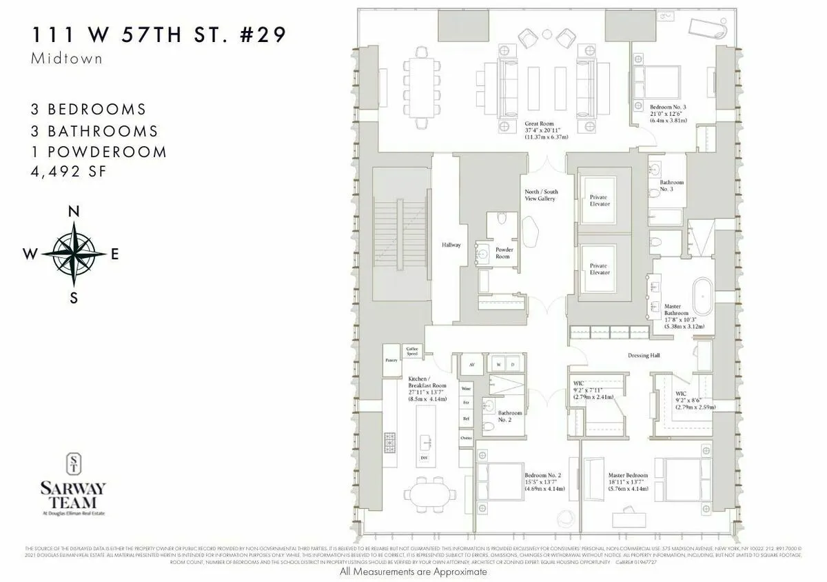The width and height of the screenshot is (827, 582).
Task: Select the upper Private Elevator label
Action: coord(599,201)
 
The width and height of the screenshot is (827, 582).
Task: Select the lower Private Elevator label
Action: coord(599,269)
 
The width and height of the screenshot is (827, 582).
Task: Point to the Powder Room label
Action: coord(504,253)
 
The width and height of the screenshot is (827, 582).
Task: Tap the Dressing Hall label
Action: coord(644,356)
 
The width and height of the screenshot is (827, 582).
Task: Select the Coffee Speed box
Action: coord(412,351)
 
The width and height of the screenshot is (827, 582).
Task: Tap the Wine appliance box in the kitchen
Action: coord(466,388)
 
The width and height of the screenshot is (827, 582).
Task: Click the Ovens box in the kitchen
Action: coord(466,438)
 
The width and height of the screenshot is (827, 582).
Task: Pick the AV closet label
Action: coord(472,363)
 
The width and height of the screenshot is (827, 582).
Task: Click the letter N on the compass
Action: coord(74,212)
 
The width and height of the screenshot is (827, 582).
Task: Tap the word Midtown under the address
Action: coord(67,59)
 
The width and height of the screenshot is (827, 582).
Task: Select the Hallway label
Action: coord(451,245)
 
